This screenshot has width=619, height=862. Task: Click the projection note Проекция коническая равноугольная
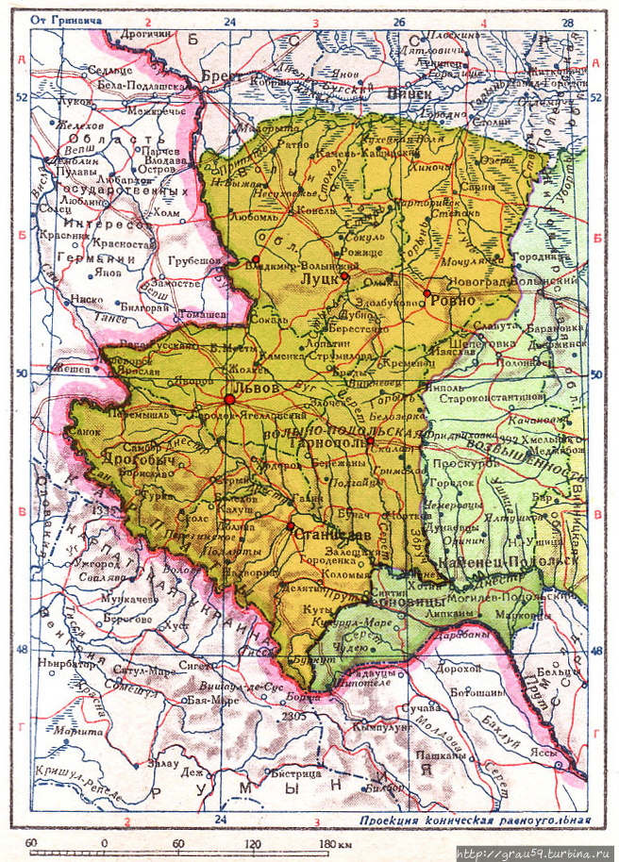click(x=475, y=821)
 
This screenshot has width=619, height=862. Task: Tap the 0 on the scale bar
click(x=104, y=841)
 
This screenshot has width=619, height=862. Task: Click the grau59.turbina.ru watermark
click(x=533, y=854)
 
